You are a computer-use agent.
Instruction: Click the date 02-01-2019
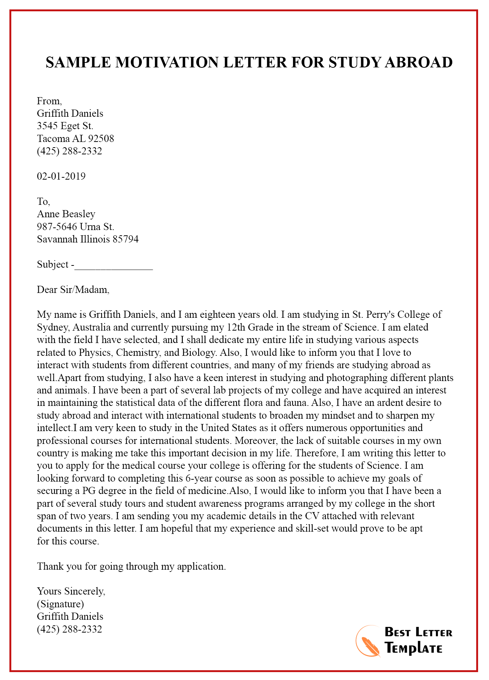(61, 176)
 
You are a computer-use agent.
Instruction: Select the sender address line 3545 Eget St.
(65, 126)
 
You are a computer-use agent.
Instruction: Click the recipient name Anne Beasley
(66, 214)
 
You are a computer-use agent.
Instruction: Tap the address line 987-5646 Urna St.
(75, 227)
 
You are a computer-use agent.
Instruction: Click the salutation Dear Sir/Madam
(73, 290)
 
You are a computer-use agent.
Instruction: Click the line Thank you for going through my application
(131, 566)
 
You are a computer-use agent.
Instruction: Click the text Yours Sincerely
(71, 591)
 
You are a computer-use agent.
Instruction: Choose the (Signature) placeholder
(61, 604)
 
